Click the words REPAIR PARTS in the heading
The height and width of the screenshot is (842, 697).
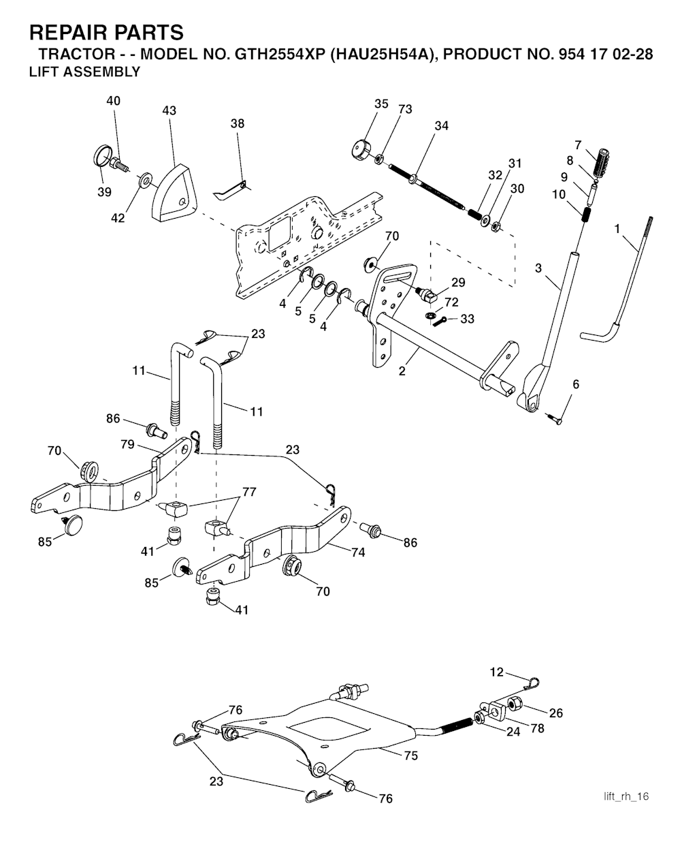tap(106, 32)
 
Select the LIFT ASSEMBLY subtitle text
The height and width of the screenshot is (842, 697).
tap(84, 72)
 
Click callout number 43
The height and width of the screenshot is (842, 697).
tap(169, 110)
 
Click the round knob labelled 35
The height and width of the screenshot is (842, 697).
tap(361, 150)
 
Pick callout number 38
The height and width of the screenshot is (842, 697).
tap(238, 123)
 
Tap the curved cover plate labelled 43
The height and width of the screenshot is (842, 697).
tap(174, 193)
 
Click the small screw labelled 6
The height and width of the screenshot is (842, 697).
tap(554, 419)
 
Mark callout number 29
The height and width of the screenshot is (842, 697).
tap(458, 282)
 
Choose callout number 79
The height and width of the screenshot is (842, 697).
tap(127, 444)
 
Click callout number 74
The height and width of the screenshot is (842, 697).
tap(358, 552)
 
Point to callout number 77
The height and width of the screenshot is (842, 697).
tap(249, 492)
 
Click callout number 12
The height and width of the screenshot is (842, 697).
tap(497, 672)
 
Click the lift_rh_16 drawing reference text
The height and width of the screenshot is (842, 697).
tap(626, 796)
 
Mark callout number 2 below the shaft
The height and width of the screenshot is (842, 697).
tap(402, 371)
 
